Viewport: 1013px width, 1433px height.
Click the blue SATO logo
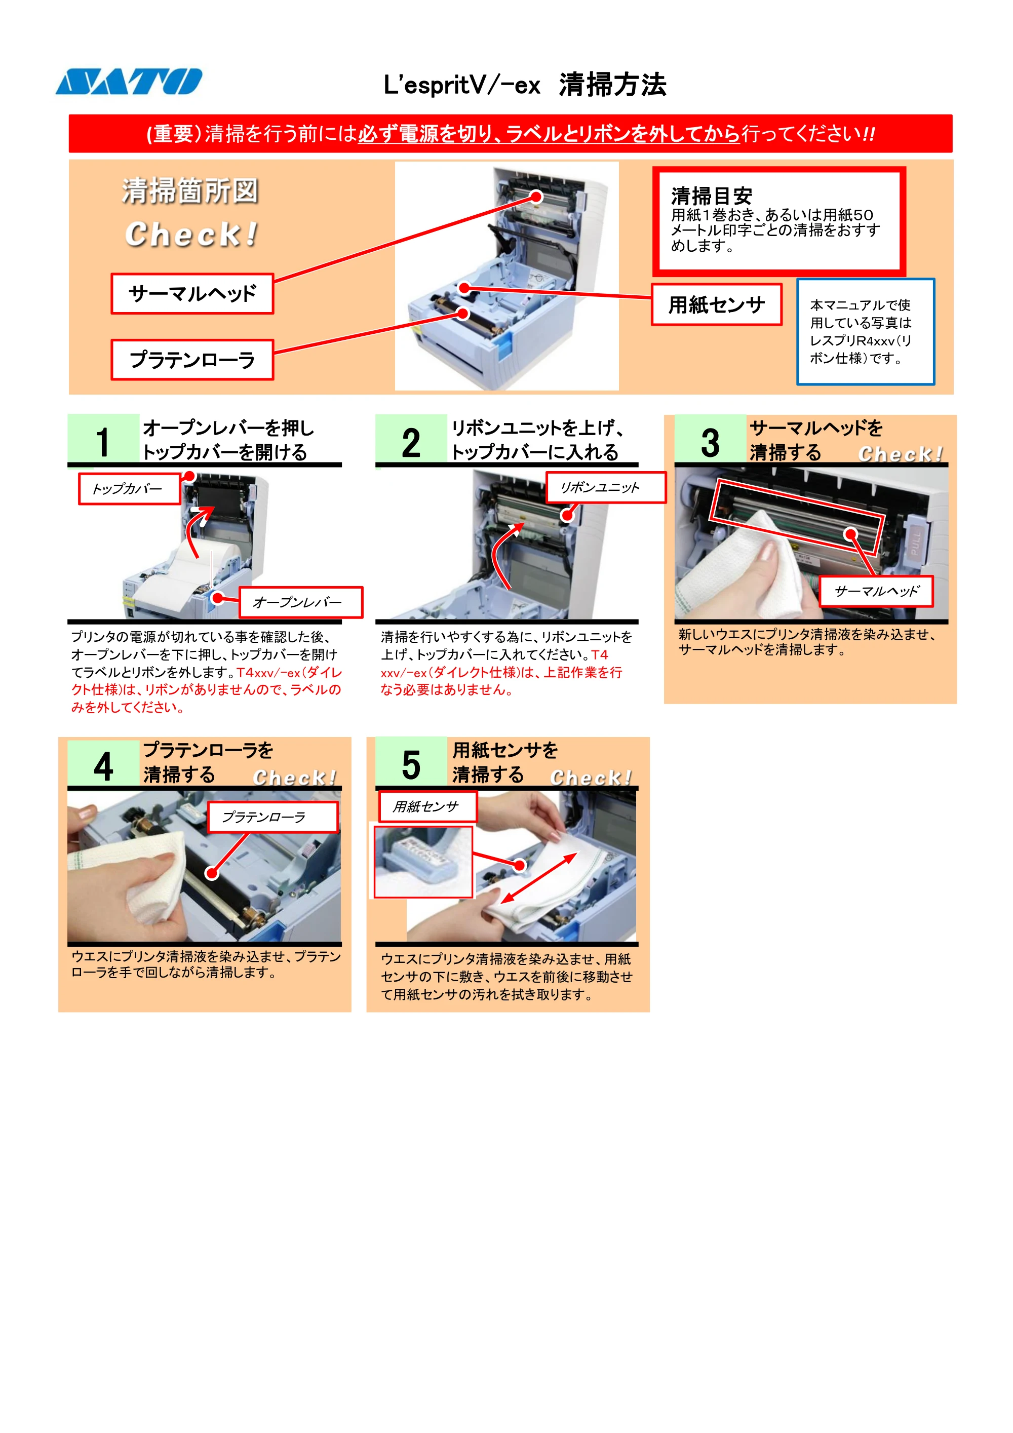[129, 82]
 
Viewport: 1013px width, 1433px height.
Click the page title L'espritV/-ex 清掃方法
[525, 84]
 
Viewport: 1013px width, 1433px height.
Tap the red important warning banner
[511, 134]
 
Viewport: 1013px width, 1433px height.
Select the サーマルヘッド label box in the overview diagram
[192, 293]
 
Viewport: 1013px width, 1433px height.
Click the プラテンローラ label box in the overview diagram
[192, 360]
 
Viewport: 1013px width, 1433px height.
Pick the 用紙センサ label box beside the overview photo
[717, 304]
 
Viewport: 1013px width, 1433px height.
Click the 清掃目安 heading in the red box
[712, 196]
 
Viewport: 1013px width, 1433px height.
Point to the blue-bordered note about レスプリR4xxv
[866, 331]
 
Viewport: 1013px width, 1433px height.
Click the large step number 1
[103, 443]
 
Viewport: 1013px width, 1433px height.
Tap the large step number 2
[411, 443]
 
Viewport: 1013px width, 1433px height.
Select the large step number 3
[710, 443]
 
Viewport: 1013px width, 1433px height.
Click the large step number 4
[104, 766]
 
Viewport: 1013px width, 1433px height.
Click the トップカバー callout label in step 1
[130, 489]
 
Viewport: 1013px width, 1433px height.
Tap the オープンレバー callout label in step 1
[301, 602]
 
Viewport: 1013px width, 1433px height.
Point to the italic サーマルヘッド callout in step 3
[876, 591]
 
